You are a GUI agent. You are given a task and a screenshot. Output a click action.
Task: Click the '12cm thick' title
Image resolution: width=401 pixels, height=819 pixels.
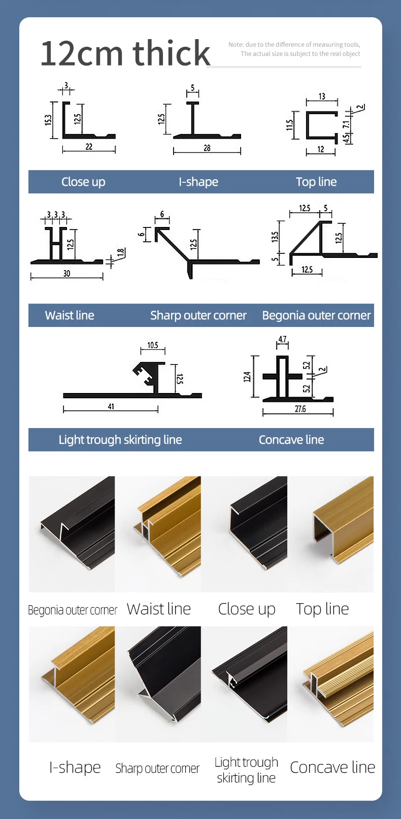tap(125, 53)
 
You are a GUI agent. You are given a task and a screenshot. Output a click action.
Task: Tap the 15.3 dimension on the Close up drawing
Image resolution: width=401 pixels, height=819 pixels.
tap(48, 120)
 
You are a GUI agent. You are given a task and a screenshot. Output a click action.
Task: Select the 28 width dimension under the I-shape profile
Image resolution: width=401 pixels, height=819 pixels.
tap(207, 148)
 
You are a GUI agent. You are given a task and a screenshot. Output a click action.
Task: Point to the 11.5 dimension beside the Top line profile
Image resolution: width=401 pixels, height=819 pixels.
tap(289, 125)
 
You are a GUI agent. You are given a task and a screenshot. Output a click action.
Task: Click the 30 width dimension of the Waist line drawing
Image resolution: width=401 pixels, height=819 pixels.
tap(66, 274)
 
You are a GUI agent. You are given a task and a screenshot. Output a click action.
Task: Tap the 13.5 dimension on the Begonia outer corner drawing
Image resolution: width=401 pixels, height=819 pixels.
tap(275, 237)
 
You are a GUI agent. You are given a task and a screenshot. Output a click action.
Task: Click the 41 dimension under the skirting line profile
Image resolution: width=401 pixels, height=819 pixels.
tap(111, 407)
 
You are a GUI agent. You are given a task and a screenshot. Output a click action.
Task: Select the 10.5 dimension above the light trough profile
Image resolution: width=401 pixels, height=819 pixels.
tap(153, 345)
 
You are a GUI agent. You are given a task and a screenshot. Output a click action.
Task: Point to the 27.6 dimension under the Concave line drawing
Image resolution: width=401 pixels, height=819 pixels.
tap(300, 409)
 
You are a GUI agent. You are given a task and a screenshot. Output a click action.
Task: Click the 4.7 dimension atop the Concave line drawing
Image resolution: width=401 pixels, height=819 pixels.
tap(282, 340)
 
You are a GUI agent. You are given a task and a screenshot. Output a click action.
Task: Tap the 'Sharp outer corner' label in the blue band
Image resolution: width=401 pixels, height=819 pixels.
tap(198, 315)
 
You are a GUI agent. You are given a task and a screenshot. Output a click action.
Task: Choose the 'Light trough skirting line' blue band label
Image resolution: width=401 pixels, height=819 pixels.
tap(120, 440)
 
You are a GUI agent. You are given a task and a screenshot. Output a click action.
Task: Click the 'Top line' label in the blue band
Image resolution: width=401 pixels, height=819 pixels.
tap(316, 182)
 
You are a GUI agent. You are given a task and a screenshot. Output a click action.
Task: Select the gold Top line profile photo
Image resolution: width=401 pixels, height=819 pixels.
tap(331, 534)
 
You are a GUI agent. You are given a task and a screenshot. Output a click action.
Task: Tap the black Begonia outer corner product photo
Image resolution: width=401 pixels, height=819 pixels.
tap(72, 534)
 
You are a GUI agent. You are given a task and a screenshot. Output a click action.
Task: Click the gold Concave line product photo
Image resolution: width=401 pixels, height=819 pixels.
tap(331, 684)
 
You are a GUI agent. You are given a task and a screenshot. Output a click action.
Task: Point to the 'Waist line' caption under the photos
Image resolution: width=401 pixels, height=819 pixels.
tap(158, 609)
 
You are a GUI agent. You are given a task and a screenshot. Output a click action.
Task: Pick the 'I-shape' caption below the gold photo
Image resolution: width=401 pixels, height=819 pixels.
tap(75, 767)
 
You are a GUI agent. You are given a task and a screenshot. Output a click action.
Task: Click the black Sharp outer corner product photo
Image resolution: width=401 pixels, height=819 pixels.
tap(158, 684)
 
